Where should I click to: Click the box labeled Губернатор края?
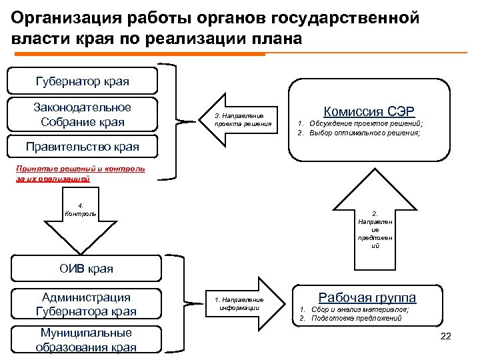click(82, 82)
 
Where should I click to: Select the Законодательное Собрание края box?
click(82, 115)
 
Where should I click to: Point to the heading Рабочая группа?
click(367, 297)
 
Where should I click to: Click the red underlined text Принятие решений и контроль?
click(79, 169)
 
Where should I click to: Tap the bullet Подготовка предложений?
click(354, 318)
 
